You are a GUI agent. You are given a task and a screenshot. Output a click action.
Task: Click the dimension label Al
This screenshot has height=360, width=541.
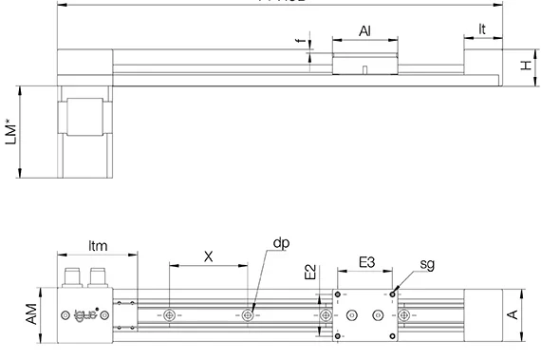pyautogui.click(x=364, y=31)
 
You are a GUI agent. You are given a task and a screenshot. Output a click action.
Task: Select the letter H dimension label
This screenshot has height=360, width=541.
pyautogui.click(x=524, y=66)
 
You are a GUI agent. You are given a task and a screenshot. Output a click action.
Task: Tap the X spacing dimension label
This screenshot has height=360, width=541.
pyautogui.click(x=208, y=256)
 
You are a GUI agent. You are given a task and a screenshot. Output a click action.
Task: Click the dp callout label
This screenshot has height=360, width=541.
pyautogui.click(x=281, y=243)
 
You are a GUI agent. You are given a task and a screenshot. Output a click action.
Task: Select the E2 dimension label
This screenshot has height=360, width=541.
pyautogui.click(x=310, y=273)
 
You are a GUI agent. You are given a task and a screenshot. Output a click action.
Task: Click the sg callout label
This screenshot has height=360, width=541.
pyautogui.click(x=427, y=264)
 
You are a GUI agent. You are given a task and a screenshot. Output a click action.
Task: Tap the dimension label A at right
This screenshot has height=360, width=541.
pyautogui.click(x=513, y=314)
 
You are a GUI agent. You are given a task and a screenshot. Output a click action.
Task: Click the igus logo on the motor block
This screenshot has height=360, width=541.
pyautogui.click(x=88, y=314)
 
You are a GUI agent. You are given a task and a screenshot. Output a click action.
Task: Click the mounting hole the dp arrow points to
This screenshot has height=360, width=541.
pyautogui.click(x=248, y=314)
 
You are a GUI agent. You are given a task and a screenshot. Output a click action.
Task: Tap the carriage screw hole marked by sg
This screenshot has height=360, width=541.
pyautogui.click(x=390, y=294)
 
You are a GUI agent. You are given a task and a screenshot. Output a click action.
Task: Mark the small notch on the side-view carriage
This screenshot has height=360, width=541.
pyautogui.click(x=366, y=67)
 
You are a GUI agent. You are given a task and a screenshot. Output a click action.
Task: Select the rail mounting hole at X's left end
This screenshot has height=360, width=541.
pyautogui.click(x=169, y=314)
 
